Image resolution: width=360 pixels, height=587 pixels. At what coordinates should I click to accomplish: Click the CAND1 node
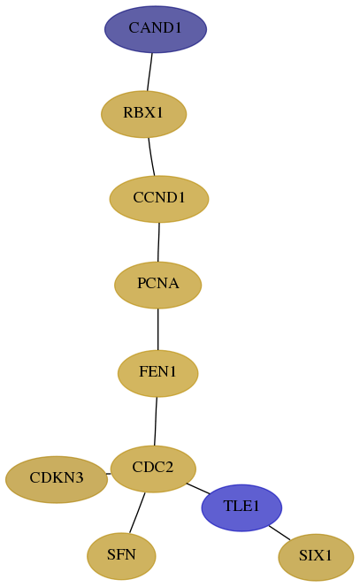[156, 29]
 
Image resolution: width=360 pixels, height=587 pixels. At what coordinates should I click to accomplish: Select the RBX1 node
[144, 114]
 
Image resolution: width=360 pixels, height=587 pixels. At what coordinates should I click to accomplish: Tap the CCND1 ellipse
[159, 199]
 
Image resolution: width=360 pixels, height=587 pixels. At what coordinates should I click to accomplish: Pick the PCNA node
[158, 285]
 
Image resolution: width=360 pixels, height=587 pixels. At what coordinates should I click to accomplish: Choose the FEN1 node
[157, 373]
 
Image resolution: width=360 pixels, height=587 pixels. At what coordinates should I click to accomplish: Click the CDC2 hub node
[154, 469]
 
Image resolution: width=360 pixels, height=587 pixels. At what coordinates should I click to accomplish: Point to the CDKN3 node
[57, 479]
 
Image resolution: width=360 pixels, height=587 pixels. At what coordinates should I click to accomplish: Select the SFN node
[121, 556]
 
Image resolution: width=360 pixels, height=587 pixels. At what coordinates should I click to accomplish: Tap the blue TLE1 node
[241, 507]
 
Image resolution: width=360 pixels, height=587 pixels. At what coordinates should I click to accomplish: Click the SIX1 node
[316, 558]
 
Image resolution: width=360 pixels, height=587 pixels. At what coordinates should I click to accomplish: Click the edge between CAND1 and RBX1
[149, 72]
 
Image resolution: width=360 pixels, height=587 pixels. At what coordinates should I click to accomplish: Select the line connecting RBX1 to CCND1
[151, 156]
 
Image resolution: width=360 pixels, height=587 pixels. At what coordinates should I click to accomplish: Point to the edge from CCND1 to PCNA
[158, 242]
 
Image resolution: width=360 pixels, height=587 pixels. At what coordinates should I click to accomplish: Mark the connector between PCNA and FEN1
[158, 330]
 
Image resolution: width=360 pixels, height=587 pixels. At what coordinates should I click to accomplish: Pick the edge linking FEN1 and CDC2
[156, 421]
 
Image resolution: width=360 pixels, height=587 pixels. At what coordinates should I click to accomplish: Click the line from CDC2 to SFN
[137, 513]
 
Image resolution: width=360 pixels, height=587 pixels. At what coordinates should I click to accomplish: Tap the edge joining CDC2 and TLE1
[198, 489]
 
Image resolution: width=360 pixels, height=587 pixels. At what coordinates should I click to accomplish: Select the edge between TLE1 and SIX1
[280, 533]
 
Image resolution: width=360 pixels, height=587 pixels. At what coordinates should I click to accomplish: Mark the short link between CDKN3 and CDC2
[109, 474]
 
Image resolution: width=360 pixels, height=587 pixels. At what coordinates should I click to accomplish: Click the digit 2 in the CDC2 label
[169, 467]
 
